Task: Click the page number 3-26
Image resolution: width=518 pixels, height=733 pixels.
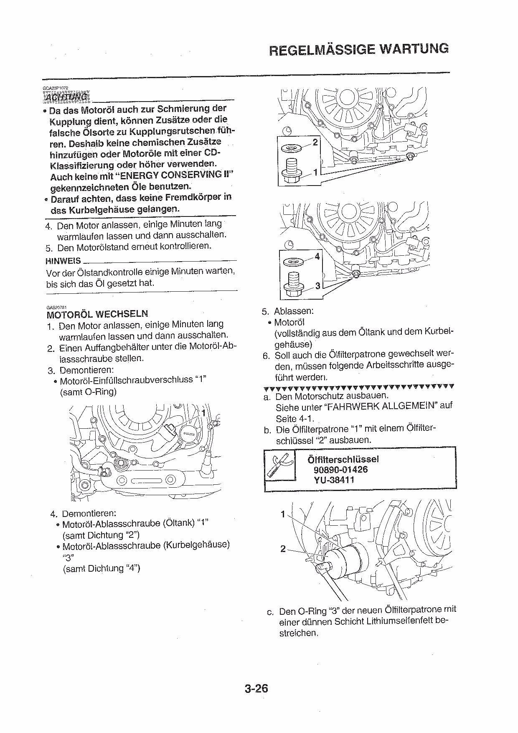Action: click(x=256, y=688)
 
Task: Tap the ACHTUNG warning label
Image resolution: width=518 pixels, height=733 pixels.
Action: click(x=67, y=97)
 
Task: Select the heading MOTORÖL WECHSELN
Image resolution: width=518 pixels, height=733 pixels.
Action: click(x=97, y=314)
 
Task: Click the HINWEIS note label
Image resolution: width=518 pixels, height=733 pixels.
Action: click(x=63, y=261)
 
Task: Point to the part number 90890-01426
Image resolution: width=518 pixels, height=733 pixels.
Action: click(x=340, y=469)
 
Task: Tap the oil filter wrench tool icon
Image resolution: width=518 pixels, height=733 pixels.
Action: click(x=280, y=465)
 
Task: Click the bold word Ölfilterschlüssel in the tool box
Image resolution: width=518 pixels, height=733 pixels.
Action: click(x=343, y=459)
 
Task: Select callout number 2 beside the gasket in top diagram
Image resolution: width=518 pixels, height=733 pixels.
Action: click(x=315, y=142)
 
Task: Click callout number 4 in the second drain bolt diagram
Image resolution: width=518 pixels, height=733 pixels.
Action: click(x=317, y=256)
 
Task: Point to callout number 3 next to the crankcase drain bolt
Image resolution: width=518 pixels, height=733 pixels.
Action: click(x=317, y=286)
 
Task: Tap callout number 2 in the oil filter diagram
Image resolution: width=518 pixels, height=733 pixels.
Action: click(x=283, y=549)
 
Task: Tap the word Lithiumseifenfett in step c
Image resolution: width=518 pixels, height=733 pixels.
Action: click(x=400, y=621)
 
